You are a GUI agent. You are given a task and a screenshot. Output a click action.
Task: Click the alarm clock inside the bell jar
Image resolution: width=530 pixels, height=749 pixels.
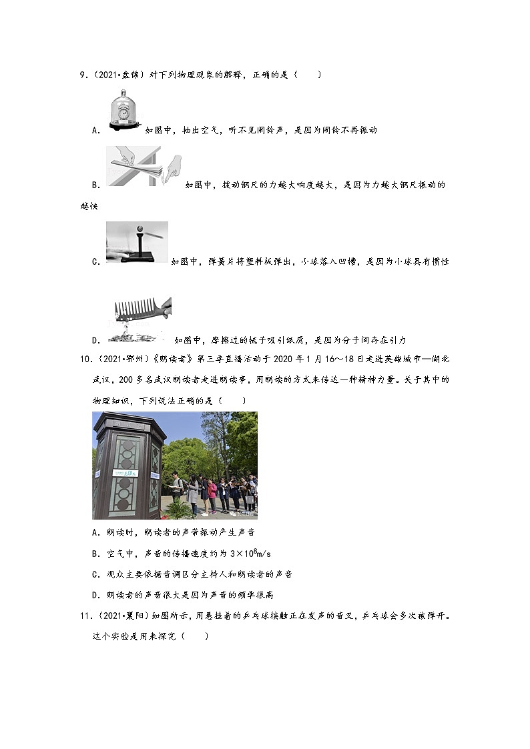[x=123, y=113]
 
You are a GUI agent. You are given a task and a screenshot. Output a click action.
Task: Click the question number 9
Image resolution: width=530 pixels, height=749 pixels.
[x=83, y=75]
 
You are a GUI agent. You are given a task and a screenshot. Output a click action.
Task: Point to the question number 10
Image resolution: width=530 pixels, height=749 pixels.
[x=85, y=359]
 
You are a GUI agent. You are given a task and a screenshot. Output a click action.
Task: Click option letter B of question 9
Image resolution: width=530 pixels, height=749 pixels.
[x=95, y=185]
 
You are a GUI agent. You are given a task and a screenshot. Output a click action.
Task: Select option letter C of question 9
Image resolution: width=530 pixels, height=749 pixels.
[x=95, y=262]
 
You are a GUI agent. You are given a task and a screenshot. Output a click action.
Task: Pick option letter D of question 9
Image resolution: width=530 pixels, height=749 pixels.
[x=95, y=340]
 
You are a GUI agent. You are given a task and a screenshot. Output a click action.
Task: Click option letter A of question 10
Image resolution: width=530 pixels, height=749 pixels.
[x=95, y=532]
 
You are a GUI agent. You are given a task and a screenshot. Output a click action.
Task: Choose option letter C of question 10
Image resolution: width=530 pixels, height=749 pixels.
[x=95, y=574]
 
